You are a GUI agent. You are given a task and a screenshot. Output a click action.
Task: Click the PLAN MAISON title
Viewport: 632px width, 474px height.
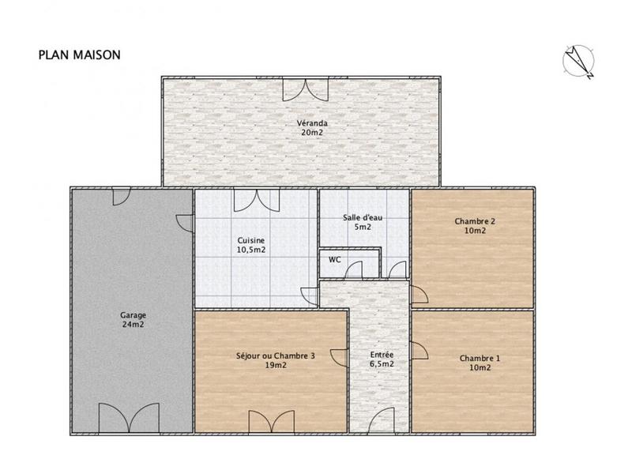[79, 56]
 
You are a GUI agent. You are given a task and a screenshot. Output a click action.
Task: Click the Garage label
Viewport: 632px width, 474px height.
[132, 314]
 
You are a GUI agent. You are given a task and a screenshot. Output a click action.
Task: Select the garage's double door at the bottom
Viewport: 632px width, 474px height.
[132, 417]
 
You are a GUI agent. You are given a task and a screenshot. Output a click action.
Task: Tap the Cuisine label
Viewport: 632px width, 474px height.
[251, 240]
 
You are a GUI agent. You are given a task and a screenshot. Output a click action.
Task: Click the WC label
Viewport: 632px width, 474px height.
[335, 258]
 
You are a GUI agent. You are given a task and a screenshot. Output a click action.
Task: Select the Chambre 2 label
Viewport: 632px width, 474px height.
[475, 221]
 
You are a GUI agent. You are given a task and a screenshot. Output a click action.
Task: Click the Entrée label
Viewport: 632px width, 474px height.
[382, 355]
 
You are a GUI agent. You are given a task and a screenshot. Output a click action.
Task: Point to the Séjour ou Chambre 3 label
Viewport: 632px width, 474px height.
[276, 356]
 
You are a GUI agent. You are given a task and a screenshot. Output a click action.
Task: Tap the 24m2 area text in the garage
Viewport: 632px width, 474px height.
[132, 324]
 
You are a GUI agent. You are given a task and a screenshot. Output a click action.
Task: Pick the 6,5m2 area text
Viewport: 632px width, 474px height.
[382, 364]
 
